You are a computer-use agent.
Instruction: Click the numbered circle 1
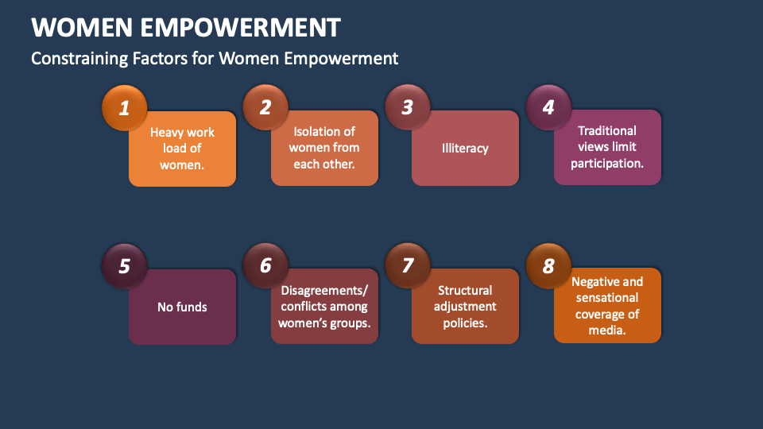pyautogui.click(x=125, y=107)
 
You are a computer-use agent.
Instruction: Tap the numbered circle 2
pyautogui.click(x=265, y=107)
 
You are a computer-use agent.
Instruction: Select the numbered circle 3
pyautogui.click(x=407, y=107)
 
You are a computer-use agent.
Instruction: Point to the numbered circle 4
pyautogui.click(x=548, y=106)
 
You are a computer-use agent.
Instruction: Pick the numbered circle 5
pyautogui.click(x=125, y=265)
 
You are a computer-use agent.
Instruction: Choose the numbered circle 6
pyautogui.click(x=265, y=265)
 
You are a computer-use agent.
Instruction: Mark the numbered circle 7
pyautogui.click(x=407, y=265)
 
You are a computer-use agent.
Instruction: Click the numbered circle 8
pyautogui.click(x=548, y=265)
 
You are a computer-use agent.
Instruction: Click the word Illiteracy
pyautogui.click(x=465, y=148)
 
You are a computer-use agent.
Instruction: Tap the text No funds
pyautogui.click(x=182, y=307)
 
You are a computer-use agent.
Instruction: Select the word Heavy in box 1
pyautogui.click(x=167, y=133)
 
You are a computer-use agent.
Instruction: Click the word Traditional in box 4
pyautogui.click(x=607, y=130)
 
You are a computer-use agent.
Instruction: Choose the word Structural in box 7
pyautogui.click(x=465, y=290)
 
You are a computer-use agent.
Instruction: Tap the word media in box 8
pyautogui.click(x=606, y=330)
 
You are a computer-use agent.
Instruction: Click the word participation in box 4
pyautogui.click(x=607, y=163)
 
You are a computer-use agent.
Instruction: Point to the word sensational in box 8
pyautogui.click(x=607, y=297)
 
